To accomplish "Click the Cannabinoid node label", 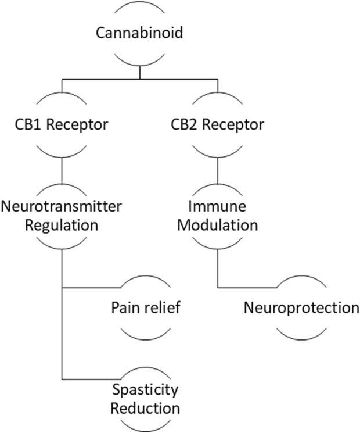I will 139,34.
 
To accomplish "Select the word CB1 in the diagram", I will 28,124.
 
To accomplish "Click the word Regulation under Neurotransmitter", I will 62,224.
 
